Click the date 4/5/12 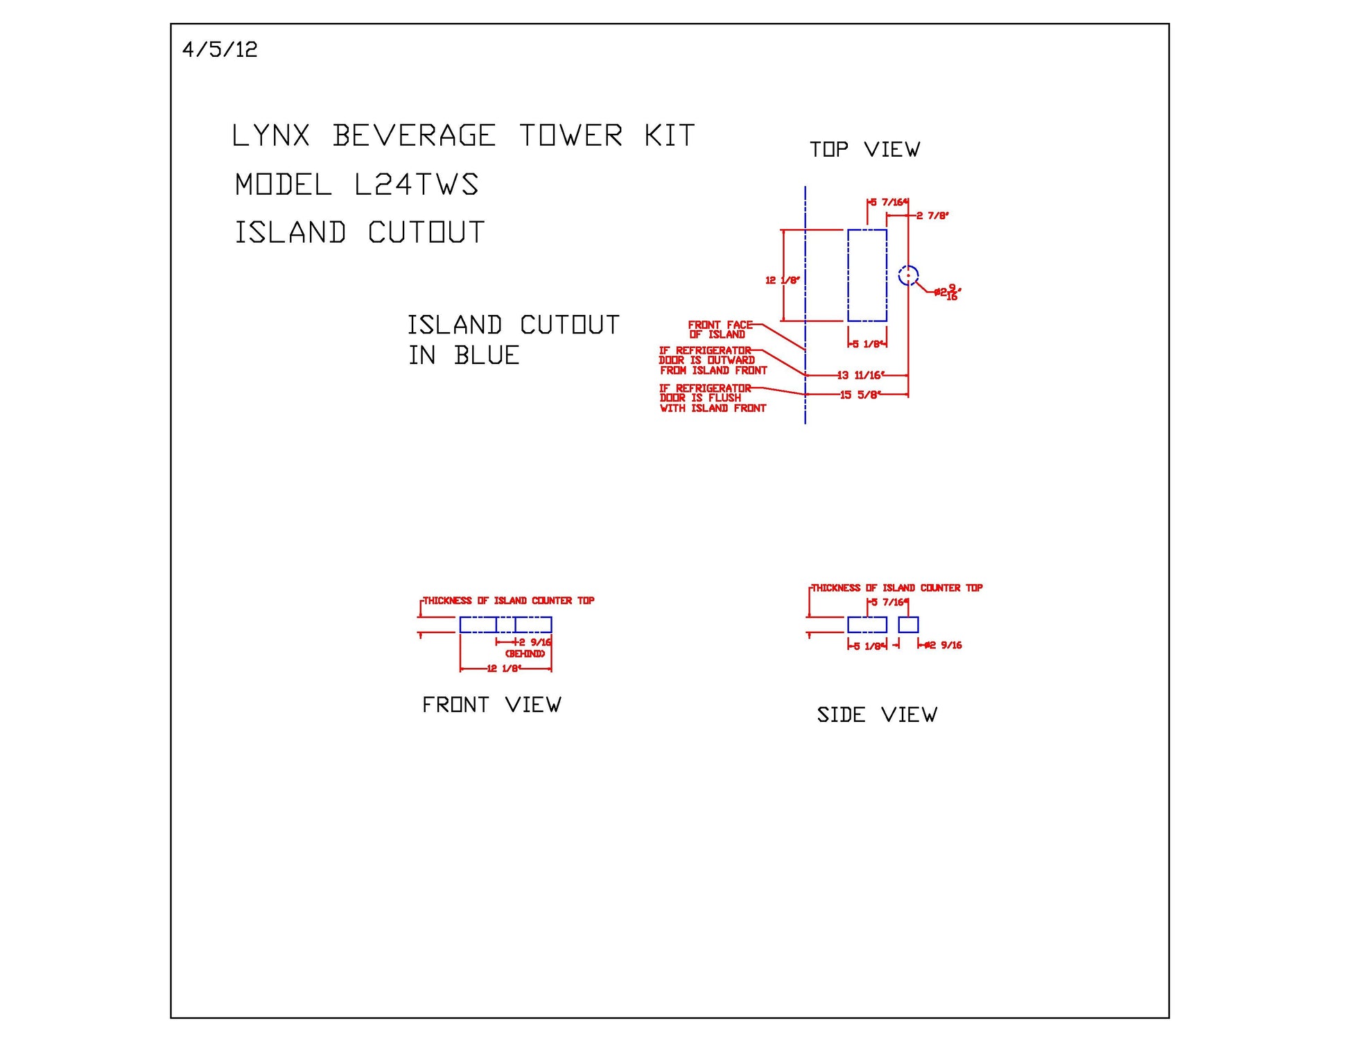220,50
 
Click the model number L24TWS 416,184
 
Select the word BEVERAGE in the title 414,136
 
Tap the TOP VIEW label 864,150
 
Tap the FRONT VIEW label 491,705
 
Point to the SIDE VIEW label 877,715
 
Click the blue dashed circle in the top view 908,275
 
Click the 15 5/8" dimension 860,395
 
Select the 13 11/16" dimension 860,376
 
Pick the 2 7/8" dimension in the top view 932,216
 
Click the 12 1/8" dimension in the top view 782,280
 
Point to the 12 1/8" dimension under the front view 504,669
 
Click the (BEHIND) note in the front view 525,654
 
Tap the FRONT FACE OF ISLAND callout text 720,329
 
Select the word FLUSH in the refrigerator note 724,398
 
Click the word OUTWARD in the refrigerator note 731,361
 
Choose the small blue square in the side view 908,625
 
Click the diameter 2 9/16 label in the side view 943,646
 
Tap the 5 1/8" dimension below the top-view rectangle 867,345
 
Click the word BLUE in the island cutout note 487,356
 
